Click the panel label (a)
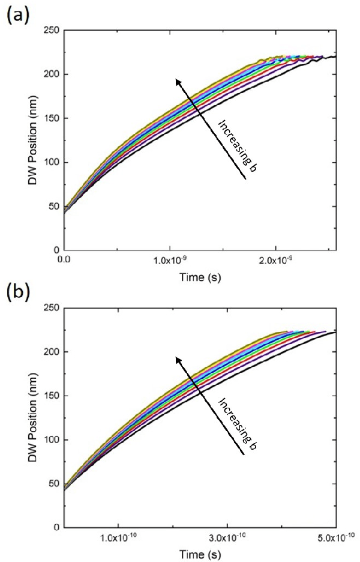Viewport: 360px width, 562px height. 16,14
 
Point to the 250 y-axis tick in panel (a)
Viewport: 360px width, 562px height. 52,30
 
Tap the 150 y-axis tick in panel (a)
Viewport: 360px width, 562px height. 52,118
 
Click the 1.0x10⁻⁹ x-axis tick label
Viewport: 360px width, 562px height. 170,259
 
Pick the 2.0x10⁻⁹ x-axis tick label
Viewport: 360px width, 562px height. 275,259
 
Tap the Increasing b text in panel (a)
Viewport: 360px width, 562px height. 237,145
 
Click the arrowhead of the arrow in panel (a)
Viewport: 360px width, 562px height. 176,79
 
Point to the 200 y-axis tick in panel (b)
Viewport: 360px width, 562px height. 52,352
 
